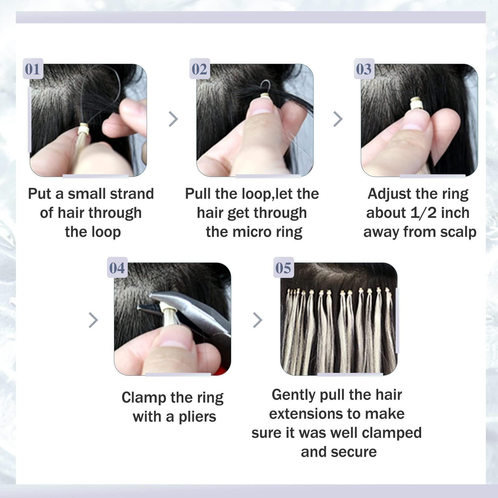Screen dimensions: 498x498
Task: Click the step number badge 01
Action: click(x=33, y=69)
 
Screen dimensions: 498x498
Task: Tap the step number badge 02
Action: click(x=200, y=69)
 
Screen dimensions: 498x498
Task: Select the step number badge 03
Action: click(x=364, y=69)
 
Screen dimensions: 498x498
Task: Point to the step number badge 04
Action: click(x=117, y=268)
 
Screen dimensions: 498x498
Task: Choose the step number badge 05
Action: click(x=283, y=268)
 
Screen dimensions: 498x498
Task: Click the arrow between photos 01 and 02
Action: click(x=173, y=119)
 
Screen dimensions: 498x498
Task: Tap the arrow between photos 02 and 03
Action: click(x=338, y=119)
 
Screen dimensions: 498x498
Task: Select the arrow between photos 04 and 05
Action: click(x=257, y=320)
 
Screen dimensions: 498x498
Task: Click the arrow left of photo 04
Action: click(x=93, y=320)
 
